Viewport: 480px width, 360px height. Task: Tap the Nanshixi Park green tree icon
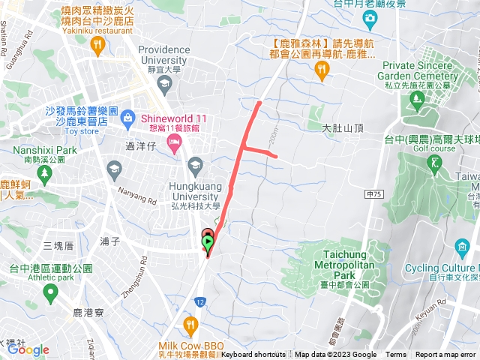click(x=45, y=173)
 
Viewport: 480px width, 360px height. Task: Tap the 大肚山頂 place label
click(x=343, y=128)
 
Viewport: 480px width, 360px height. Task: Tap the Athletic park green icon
click(x=51, y=291)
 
